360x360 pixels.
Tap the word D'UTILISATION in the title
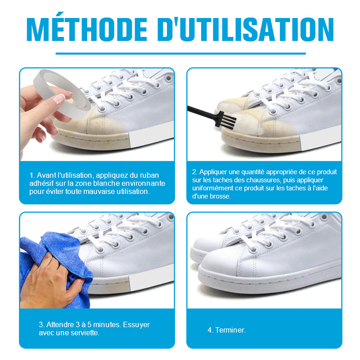click(245, 29)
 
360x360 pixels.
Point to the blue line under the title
click(181, 54)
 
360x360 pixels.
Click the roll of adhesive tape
click(62, 94)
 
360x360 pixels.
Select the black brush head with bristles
click(225, 120)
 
